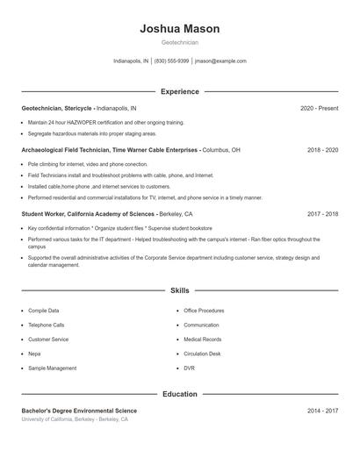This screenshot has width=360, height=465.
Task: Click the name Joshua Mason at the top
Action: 180,29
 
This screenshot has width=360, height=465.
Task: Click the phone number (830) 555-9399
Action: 172,61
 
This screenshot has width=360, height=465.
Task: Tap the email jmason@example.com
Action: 220,61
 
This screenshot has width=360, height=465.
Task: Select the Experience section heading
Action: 180,91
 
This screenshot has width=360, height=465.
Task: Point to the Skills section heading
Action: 180,290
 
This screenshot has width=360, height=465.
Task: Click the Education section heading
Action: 180,394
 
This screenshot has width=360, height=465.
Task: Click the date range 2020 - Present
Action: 319,108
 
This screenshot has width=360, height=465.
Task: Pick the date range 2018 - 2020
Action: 322,150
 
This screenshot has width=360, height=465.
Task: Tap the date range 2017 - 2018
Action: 322,214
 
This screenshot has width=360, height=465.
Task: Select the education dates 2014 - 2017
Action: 322,411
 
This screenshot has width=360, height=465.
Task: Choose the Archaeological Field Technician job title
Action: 110,150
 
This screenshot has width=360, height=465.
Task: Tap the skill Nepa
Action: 34,354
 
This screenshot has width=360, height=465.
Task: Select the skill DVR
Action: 190,368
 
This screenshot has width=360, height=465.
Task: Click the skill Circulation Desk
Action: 202,354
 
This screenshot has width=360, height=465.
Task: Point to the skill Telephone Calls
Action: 46,325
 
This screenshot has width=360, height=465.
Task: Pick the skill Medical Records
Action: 202,340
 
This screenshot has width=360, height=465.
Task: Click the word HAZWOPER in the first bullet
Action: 83,123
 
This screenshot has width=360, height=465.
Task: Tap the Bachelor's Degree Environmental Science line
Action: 79,411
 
